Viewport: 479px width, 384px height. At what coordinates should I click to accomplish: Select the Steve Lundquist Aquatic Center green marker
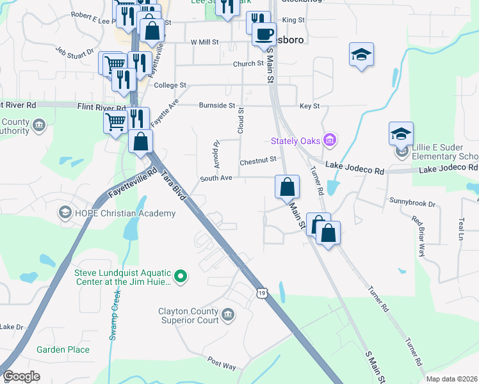[x=181, y=276]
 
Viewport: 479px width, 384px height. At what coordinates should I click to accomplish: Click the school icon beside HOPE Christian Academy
[x=64, y=212]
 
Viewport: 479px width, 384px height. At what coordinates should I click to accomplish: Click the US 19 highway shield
[x=261, y=292]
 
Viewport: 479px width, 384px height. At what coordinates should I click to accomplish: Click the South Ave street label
[x=216, y=179]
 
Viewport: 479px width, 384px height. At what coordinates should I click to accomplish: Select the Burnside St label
[x=216, y=105]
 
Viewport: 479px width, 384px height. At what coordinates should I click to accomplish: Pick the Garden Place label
[x=63, y=349]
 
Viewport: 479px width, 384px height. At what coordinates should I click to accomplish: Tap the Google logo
[x=22, y=376]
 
